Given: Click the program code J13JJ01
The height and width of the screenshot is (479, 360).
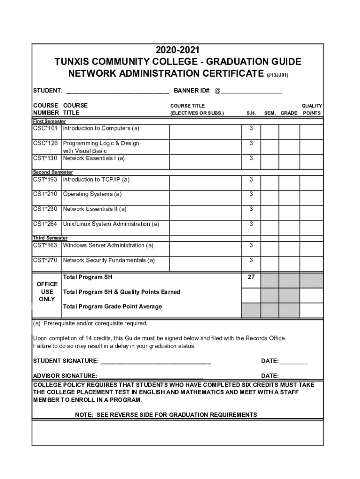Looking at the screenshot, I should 281,75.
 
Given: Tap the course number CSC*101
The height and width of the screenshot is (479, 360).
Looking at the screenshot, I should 45,128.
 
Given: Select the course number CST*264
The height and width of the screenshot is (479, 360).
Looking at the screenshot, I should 45,224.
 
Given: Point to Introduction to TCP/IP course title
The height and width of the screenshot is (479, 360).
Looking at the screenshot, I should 96,180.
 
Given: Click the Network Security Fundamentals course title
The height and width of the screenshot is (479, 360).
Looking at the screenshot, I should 109,260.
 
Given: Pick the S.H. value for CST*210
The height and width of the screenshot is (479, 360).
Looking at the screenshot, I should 251,194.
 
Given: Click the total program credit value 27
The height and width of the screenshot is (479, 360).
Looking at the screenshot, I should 251,277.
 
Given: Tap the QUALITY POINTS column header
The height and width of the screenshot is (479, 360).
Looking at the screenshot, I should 311,109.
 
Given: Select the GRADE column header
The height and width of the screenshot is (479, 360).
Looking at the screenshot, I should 289,113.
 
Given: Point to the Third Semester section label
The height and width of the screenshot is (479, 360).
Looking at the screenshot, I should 50,238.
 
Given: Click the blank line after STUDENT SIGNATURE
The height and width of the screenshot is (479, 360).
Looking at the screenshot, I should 156,362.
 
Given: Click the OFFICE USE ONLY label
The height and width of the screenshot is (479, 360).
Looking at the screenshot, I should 47,291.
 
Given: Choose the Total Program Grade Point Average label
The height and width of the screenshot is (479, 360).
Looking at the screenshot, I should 112,306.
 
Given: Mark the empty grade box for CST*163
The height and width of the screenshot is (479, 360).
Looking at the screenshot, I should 289,246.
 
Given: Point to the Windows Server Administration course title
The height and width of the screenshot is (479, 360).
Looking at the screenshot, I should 108,246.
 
